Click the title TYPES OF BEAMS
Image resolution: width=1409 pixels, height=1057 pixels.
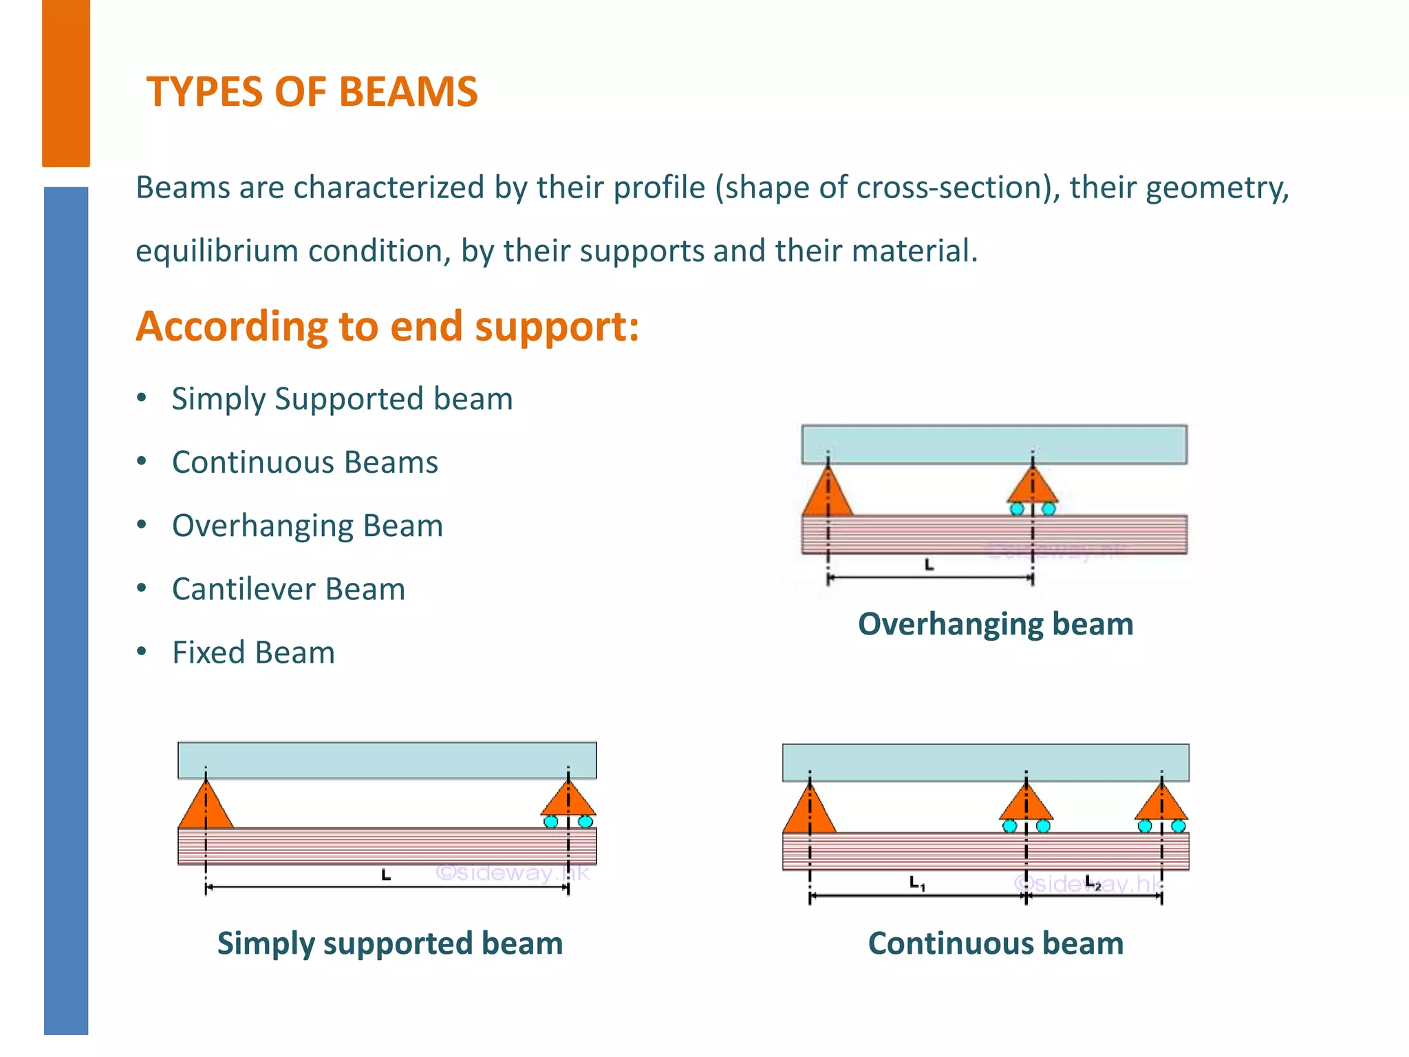point(312,92)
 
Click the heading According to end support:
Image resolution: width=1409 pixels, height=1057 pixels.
point(387,326)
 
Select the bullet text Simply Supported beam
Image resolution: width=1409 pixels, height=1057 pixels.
point(342,399)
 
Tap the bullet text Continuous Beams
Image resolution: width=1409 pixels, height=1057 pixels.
point(305,462)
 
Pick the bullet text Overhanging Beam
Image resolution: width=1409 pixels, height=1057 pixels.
point(308,526)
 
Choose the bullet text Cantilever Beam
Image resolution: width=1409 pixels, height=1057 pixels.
point(288,589)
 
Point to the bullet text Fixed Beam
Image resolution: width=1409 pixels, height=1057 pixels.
point(253,652)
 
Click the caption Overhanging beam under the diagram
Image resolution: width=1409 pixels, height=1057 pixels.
point(996,624)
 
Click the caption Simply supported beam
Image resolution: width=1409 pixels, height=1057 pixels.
point(390,943)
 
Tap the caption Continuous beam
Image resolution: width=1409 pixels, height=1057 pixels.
point(996,943)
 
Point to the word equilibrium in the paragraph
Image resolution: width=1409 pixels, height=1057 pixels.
point(217,251)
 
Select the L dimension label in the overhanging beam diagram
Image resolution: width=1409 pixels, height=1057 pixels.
point(929,565)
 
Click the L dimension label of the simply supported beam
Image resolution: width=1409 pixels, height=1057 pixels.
point(386,875)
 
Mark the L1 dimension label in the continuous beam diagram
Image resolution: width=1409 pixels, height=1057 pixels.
point(917,883)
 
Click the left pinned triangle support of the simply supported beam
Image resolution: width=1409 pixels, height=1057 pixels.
point(205,807)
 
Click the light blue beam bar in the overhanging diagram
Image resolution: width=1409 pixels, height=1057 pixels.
point(994,444)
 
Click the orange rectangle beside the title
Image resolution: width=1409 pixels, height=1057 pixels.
point(66,83)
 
